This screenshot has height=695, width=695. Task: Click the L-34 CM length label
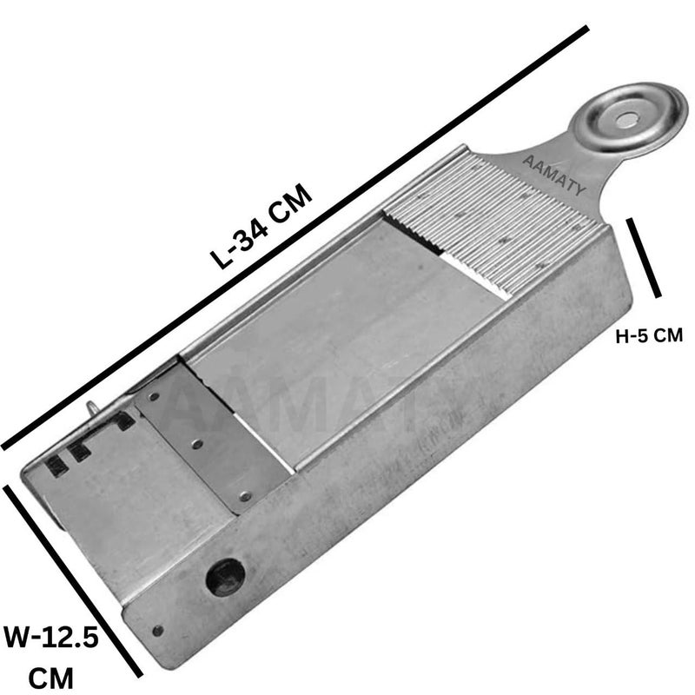261,226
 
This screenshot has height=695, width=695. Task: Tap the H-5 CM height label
649,335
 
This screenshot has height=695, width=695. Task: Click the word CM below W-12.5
51,678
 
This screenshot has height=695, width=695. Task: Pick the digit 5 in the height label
643,335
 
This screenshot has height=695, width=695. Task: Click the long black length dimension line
295,237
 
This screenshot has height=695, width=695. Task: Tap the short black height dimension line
644,257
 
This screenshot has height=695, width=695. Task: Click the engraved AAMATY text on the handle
554,175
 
